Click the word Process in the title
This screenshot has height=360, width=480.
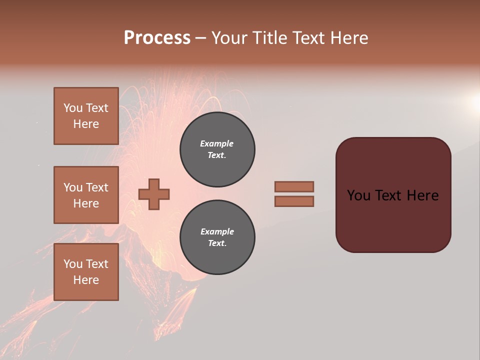coord(157,38)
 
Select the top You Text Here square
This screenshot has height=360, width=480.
coord(86,116)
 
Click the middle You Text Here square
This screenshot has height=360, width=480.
coord(86,195)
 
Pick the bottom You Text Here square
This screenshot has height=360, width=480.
coord(86,272)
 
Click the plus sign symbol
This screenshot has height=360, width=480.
coord(154,194)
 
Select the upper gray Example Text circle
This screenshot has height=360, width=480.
coord(217,149)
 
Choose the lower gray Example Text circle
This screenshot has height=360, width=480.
coord(217,237)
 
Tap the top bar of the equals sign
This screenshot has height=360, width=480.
coord(294,186)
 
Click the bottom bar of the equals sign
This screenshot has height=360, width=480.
coord(294,201)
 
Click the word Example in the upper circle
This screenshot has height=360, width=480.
coord(217,143)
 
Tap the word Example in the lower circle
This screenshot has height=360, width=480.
coord(217,231)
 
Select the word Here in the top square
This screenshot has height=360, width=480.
coord(86,124)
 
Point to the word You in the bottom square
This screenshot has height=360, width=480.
coord(73,264)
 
